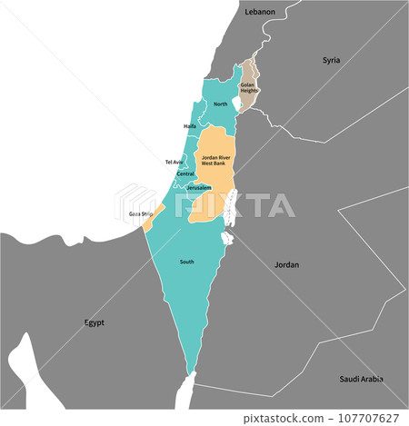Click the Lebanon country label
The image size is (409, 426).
(260, 12)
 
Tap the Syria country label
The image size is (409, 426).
(331, 60)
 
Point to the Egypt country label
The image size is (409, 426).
(95, 322)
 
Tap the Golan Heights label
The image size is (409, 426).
(248, 87)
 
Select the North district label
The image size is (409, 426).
(220, 104)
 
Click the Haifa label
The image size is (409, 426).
(189, 126)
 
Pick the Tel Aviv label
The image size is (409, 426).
(174, 162)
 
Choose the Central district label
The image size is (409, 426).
(185, 173)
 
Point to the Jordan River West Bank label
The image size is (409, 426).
(214, 160)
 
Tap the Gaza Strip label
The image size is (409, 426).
(140, 213)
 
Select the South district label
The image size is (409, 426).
(186, 262)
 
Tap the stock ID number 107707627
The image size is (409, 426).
(375, 418)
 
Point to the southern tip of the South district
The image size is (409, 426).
(191, 372)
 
